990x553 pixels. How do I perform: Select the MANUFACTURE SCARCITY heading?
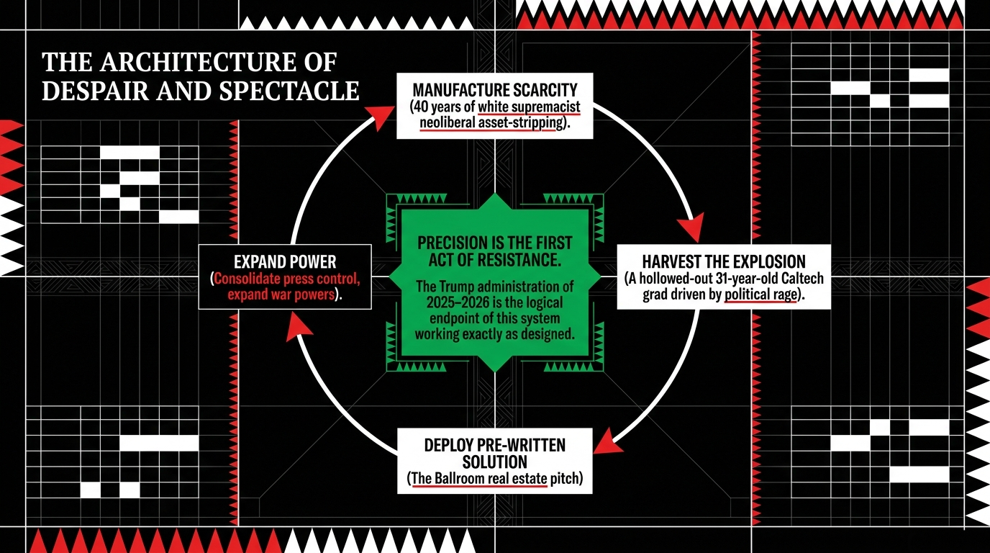[x=495, y=91]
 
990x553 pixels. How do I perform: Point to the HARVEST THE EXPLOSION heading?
[x=723, y=261]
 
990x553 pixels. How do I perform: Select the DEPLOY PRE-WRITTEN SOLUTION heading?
[x=495, y=453]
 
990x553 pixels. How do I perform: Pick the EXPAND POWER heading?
[x=285, y=261]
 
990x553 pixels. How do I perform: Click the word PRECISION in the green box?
[x=455, y=243]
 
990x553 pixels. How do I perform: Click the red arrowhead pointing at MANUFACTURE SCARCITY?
[x=377, y=117]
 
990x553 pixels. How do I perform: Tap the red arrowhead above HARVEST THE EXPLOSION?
[x=692, y=229]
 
